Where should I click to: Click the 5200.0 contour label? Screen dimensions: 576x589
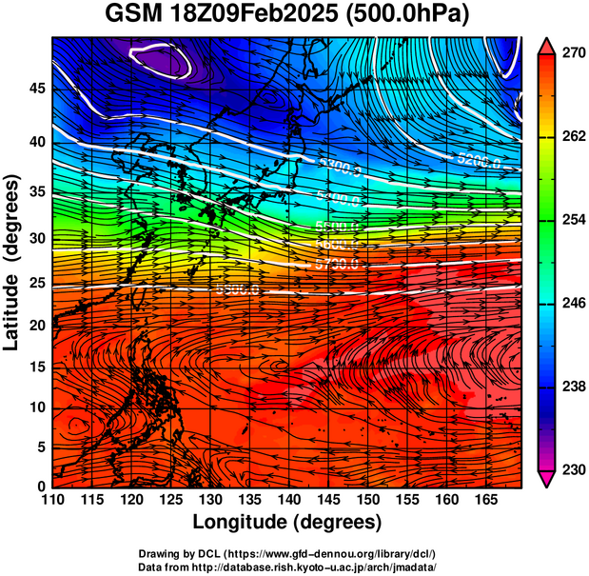point(479,160)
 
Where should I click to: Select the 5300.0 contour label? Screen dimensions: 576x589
point(340,169)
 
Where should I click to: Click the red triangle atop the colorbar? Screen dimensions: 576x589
point(546,44)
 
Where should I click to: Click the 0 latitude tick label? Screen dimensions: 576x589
point(40,486)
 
